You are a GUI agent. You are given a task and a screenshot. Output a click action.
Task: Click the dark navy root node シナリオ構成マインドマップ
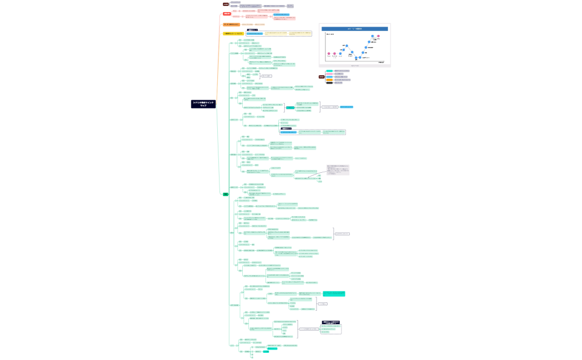(x=203, y=104)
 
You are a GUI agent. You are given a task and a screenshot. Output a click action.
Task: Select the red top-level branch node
(x=227, y=13)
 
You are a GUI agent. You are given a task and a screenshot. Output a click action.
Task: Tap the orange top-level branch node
(x=231, y=24)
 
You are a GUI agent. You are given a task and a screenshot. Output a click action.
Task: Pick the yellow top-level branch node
(x=233, y=34)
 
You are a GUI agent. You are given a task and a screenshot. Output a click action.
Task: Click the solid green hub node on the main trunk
(x=226, y=194)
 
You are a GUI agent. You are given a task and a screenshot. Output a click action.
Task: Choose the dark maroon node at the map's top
(x=226, y=4)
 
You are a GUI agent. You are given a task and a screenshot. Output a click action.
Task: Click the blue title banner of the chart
(x=354, y=28)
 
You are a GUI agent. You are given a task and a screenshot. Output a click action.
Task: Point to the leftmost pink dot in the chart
(x=329, y=54)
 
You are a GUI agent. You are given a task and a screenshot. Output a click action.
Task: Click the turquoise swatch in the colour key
(x=329, y=71)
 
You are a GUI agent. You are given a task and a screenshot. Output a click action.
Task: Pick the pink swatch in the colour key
(x=329, y=74)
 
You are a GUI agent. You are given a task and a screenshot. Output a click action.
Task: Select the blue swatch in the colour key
(x=329, y=77)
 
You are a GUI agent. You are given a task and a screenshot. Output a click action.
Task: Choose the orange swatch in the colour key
(x=329, y=80)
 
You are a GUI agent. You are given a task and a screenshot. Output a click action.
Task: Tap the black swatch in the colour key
(x=329, y=83)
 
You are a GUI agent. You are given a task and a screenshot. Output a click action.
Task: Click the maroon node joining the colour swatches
(x=321, y=77)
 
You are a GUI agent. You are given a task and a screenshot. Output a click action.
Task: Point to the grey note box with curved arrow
(x=338, y=169)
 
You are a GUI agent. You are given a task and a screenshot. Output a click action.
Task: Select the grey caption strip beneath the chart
(x=354, y=65)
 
